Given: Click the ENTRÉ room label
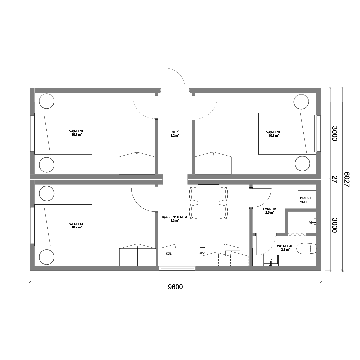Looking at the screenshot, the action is coord(174,132).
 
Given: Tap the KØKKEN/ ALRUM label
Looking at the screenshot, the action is coord(174,217).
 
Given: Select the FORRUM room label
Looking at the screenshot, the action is coord(270,209).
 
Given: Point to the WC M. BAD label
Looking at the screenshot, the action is coord(285,246).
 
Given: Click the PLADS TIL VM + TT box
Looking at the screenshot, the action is coord(307,200).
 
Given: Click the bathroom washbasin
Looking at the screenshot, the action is coord(271,260).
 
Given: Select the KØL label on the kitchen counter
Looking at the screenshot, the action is coord(169,254).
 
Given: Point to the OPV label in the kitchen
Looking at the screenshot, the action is coord(202,253).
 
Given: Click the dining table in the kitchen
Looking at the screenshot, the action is coord(208,203).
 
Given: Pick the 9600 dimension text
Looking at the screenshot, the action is coord(175,287).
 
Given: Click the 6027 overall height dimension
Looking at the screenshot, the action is coord(346,180).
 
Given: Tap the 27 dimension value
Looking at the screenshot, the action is coord(335,179).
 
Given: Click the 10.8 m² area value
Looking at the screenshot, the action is coord(274,136).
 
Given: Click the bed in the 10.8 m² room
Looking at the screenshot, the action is coord(287,134).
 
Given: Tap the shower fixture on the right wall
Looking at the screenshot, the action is coord(313,222).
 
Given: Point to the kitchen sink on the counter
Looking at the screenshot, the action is coord(233,253).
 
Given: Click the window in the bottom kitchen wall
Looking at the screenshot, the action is coord(177,268).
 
